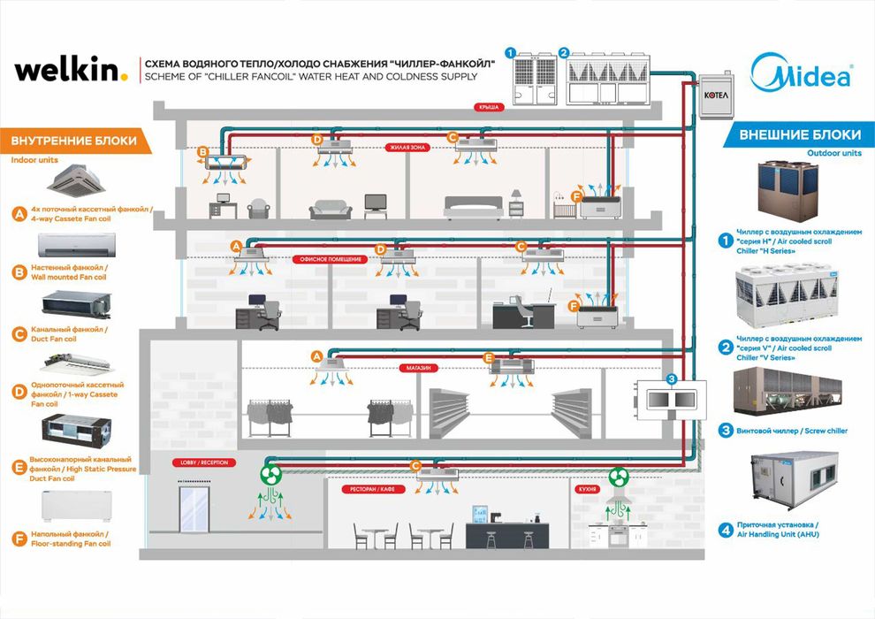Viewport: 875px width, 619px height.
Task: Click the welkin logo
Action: (72, 70)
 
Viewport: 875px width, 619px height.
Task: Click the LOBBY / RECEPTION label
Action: (199, 462)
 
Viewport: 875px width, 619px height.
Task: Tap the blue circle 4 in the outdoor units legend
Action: (725, 531)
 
